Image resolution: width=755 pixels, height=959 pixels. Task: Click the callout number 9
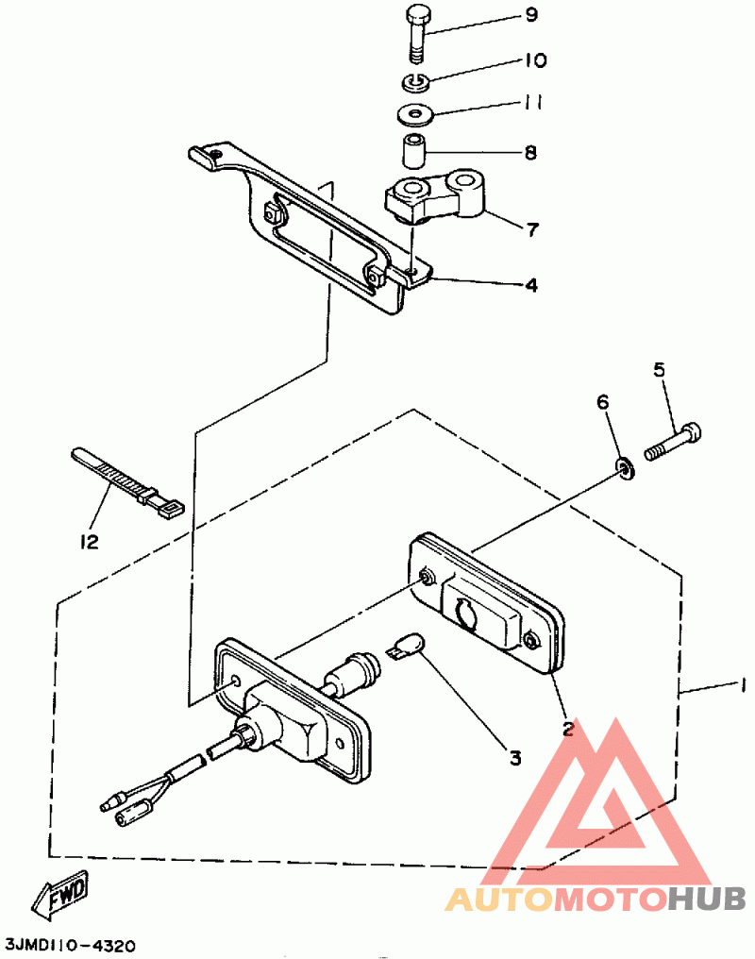pyautogui.click(x=530, y=15)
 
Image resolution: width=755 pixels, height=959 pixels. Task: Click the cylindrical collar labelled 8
pyautogui.click(x=414, y=151)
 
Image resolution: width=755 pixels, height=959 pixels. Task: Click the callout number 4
pyautogui.click(x=531, y=283)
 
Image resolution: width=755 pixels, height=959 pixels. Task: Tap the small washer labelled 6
pyautogui.click(x=624, y=466)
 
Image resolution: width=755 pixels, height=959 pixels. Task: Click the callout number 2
pyautogui.click(x=568, y=728)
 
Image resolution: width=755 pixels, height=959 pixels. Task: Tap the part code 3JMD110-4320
pyautogui.click(x=70, y=945)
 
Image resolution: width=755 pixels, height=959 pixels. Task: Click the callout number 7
pyautogui.click(x=531, y=228)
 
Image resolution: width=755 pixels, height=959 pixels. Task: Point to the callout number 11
pyautogui.click(x=532, y=103)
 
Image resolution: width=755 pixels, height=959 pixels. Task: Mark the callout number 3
pyautogui.click(x=515, y=756)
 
